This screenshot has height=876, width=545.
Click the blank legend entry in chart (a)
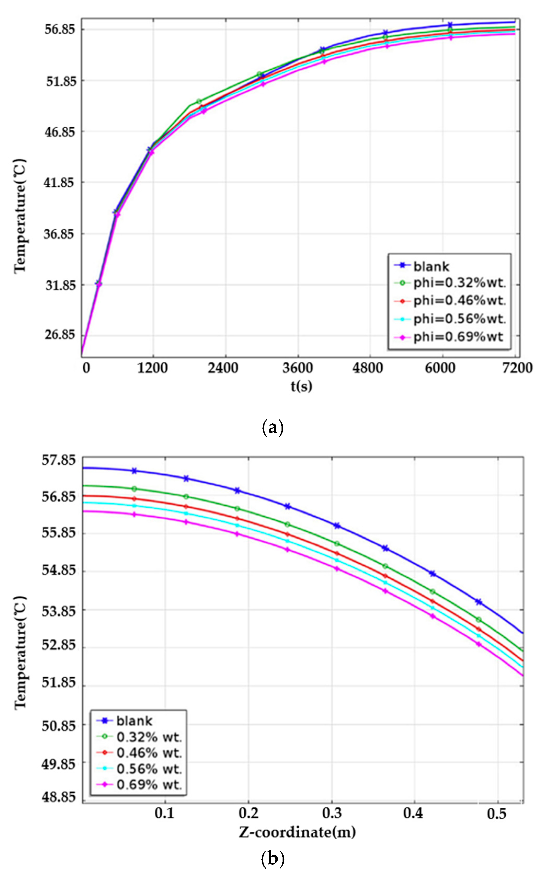(x=431, y=267)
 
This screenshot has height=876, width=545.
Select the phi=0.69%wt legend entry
(x=458, y=337)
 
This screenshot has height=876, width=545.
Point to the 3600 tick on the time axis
(x=297, y=368)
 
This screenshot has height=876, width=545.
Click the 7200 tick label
(x=517, y=368)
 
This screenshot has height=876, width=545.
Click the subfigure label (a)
(x=272, y=428)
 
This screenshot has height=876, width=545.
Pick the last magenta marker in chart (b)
(x=479, y=644)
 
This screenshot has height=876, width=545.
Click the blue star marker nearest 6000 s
(x=450, y=25)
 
